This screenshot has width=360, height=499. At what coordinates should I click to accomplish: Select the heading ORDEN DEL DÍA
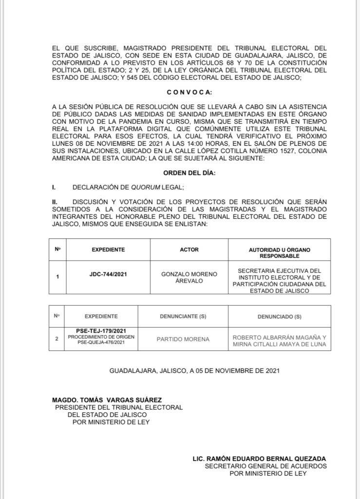[x=189, y=173]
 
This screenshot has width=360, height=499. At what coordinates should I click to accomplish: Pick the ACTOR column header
[x=189, y=249]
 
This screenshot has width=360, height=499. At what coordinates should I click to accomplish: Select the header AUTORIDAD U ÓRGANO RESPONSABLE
[x=279, y=252]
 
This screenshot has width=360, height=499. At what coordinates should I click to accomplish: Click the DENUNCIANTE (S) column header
[x=183, y=316]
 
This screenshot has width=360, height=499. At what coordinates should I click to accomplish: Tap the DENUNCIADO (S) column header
[x=279, y=316]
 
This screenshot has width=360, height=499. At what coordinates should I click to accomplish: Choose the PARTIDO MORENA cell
[x=183, y=339]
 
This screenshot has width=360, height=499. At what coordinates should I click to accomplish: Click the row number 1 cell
[x=57, y=277]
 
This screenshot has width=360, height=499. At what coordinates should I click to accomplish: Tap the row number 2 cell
[x=57, y=339]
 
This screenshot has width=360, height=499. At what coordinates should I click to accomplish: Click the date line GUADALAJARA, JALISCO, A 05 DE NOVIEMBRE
[x=194, y=371]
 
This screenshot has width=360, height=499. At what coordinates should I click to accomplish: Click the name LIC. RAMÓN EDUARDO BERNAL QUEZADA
[x=259, y=459]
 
